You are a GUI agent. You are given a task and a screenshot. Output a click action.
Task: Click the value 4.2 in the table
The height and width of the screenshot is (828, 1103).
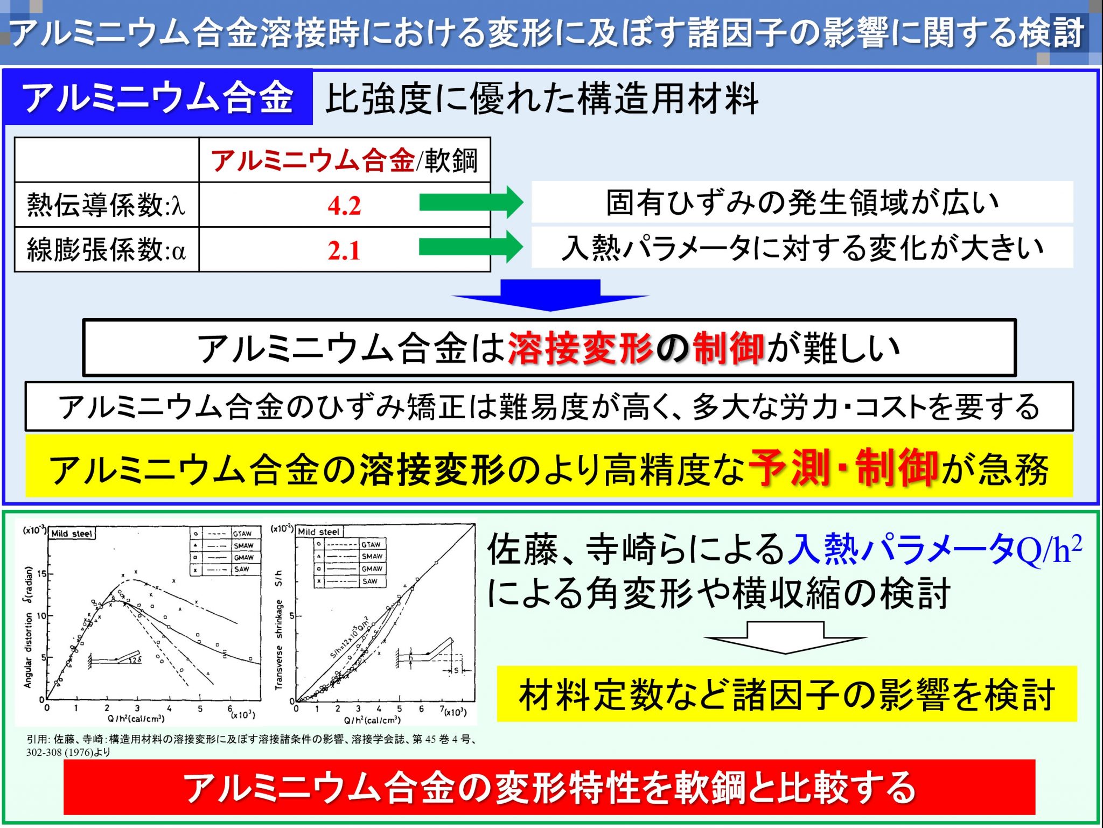(344, 206)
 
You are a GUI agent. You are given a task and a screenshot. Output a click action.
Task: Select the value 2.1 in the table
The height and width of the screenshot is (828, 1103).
(344, 250)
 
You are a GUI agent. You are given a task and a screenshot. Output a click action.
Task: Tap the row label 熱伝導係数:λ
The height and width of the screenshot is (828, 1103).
(106, 205)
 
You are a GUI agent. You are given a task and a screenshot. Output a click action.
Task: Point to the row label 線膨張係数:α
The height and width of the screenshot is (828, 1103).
(106, 250)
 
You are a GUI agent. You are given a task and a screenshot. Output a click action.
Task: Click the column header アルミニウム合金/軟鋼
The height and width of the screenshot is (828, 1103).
(344, 160)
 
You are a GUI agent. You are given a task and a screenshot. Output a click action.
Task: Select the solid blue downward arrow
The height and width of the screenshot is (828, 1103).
(550, 295)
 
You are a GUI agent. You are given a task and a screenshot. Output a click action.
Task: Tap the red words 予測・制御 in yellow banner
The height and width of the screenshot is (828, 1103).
(843, 468)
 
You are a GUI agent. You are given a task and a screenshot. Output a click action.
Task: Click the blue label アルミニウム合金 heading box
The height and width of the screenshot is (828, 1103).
(158, 97)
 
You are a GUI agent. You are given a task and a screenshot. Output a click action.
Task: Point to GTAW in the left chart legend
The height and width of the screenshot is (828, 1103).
(242, 534)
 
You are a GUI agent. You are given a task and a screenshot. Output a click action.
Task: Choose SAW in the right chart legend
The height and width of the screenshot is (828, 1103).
(370, 581)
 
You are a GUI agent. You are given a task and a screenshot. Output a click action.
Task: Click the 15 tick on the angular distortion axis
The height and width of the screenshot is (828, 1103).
(41, 574)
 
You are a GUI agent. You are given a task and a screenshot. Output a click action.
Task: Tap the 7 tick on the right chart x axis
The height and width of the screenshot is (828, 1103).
(442, 708)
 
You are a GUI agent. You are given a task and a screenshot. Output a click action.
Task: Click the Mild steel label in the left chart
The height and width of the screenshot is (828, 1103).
(72, 534)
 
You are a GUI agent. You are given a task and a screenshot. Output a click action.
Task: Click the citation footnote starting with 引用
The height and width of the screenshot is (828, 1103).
(252, 745)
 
